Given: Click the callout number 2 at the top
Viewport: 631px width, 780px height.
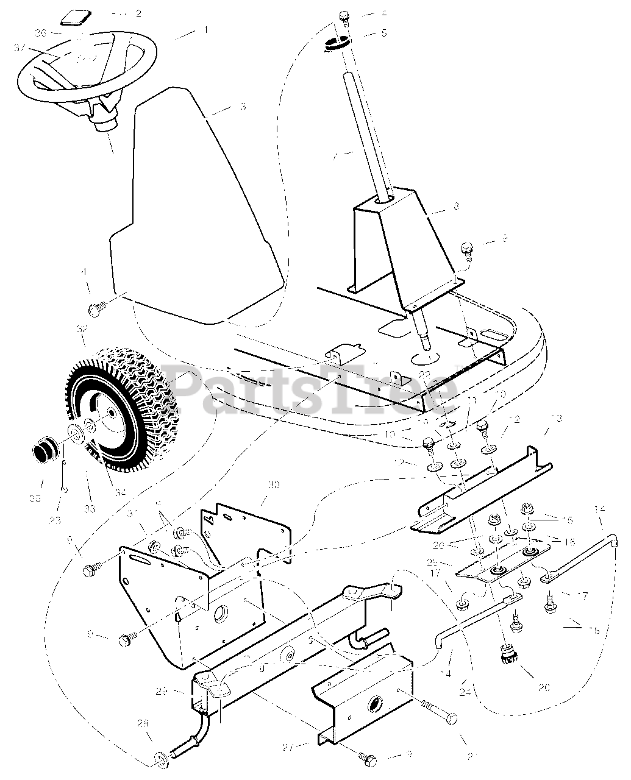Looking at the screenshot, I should click(x=138, y=13).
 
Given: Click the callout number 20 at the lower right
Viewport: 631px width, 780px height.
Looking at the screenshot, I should click(x=544, y=687).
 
